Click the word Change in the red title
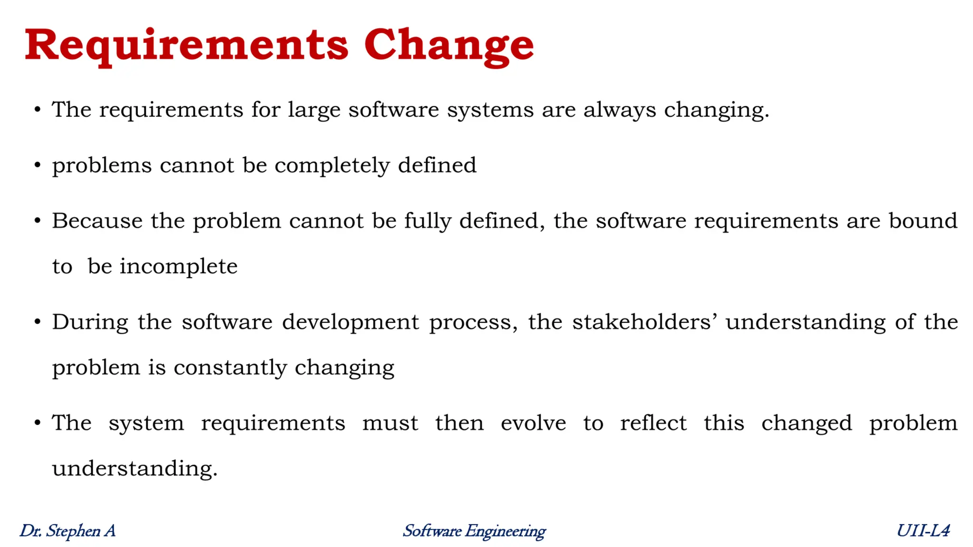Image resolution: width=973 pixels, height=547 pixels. point(449,46)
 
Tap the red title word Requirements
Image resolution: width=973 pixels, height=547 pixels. point(187,46)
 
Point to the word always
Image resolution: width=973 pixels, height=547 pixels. point(620,111)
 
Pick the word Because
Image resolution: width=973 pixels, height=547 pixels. point(97,221)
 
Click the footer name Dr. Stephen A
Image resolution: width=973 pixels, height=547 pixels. point(67,531)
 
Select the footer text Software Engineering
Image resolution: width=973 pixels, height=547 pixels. point(474,531)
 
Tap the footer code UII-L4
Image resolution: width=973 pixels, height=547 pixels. point(923,531)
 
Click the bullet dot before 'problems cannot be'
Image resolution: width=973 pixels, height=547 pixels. point(38,166)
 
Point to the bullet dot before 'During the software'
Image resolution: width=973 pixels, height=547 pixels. point(38,322)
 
